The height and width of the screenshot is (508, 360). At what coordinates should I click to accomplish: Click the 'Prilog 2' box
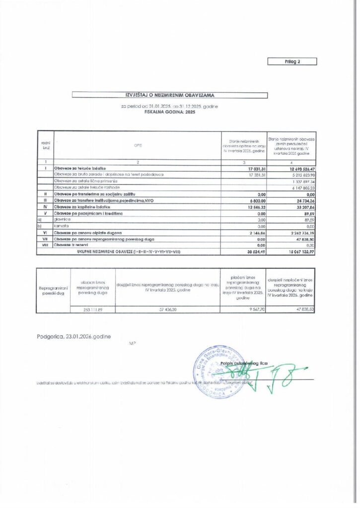click(292, 62)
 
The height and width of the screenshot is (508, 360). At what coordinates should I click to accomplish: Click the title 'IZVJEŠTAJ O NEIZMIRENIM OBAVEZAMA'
click(170, 94)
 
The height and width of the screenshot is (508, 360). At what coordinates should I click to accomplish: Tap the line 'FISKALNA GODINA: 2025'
click(170, 113)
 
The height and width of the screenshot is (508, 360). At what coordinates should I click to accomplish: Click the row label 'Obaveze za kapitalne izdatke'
click(82, 206)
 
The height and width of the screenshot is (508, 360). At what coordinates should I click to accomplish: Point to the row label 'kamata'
click(62, 225)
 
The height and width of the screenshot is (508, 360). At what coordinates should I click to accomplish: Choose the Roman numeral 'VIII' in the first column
click(45, 245)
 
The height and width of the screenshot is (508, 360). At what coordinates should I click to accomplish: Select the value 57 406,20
click(167, 309)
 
